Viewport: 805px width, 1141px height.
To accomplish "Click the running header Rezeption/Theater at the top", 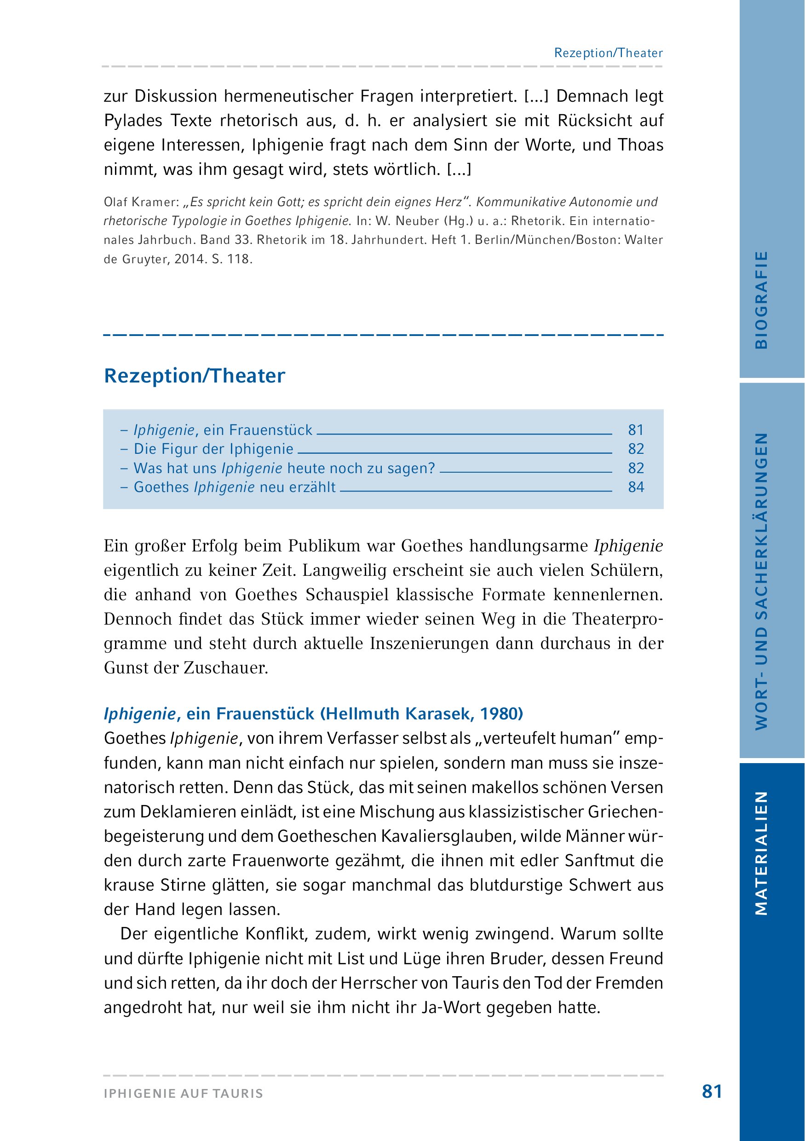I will (x=608, y=53).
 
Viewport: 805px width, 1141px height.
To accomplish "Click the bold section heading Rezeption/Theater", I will (x=194, y=376).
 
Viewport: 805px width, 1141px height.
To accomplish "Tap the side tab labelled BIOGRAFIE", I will (x=761, y=300).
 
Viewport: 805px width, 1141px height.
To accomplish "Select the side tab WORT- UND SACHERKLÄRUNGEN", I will (x=761, y=581).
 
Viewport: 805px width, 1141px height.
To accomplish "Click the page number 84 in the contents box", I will (x=636, y=487).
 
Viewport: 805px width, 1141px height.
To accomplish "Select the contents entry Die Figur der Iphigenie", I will (x=213, y=449).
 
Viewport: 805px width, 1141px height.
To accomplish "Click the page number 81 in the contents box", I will (x=636, y=430).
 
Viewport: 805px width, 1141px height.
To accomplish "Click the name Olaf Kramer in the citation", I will (x=140, y=202).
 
